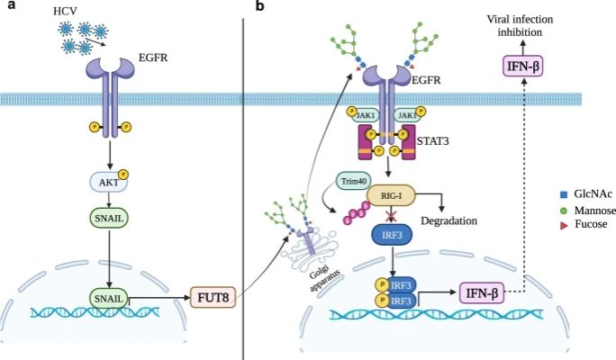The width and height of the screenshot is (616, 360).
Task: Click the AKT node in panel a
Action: pyautogui.click(x=107, y=182)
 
